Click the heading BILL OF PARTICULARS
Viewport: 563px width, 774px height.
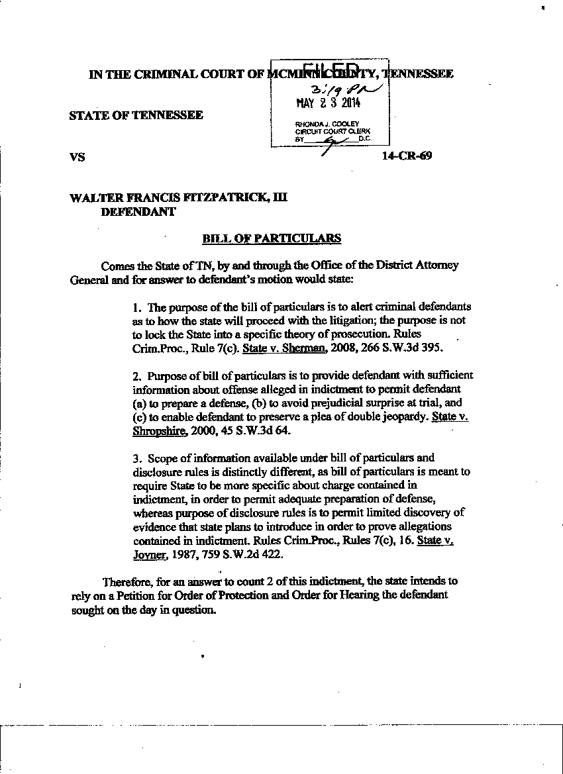tap(272, 238)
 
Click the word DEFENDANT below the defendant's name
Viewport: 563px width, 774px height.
tap(137, 212)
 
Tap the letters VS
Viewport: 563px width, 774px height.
tap(77, 158)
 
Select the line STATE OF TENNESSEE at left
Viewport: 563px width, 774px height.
tap(136, 115)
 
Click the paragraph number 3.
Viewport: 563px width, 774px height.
tap(136, 458)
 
